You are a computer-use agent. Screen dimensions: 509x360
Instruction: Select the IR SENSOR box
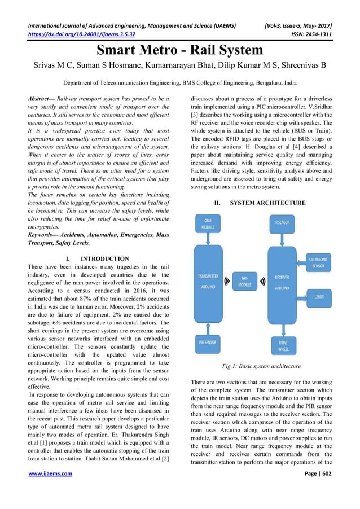pos(282,223)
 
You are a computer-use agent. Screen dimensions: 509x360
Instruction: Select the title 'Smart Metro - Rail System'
pos(180,50)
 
